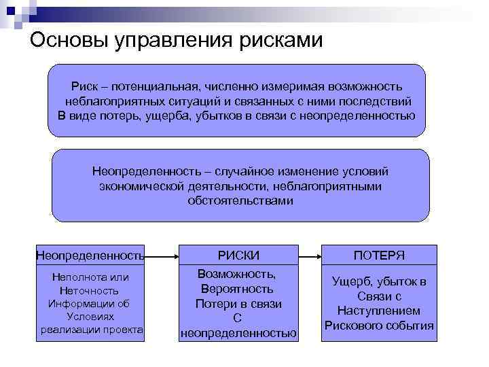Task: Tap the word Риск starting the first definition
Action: (x=86, y=86)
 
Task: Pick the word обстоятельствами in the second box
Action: (x=240, y=200)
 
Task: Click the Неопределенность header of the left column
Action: (x=90, y=256)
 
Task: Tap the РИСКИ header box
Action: (x=238, y=256)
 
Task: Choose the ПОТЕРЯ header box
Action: (x=379, y=256)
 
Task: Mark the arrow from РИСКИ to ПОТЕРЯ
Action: (x=309, y=256)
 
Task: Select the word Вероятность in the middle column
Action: (x=238, y=289)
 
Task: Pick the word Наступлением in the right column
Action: (x=379, y=311)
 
